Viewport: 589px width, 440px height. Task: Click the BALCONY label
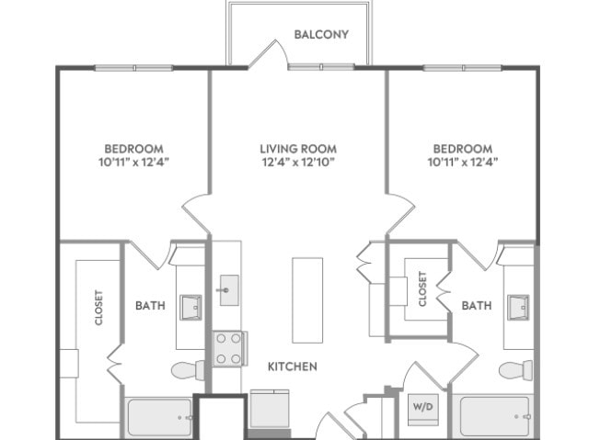click(321, 35)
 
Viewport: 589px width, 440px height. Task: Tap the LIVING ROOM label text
click(298, 149)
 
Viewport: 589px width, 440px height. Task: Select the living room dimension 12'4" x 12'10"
click(298, 163)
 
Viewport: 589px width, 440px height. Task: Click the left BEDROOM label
click(133, 149)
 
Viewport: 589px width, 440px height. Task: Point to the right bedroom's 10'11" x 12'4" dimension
click(463, 163)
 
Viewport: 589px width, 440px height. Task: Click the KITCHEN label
click(293, 367)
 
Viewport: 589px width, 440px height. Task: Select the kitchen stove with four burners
click(229, 348)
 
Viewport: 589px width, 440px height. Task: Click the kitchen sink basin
click(229, 290)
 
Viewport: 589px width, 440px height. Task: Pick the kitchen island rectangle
click(307, 300)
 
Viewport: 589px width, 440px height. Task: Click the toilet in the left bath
click(188, 370)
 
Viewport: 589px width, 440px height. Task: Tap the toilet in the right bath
click(515, 370)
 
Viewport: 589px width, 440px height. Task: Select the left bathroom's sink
click(191, 308)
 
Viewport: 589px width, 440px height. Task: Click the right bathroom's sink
click(518, 308)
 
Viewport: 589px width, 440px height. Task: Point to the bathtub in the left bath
click(159, 417)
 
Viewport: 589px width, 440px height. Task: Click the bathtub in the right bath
click(495, 415)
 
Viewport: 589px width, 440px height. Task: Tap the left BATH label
click(150, 306)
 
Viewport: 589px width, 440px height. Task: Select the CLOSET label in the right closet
click(422, 289)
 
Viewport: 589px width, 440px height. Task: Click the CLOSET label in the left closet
click(98, 308)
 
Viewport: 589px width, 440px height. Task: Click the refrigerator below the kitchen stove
click(270, 409)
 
